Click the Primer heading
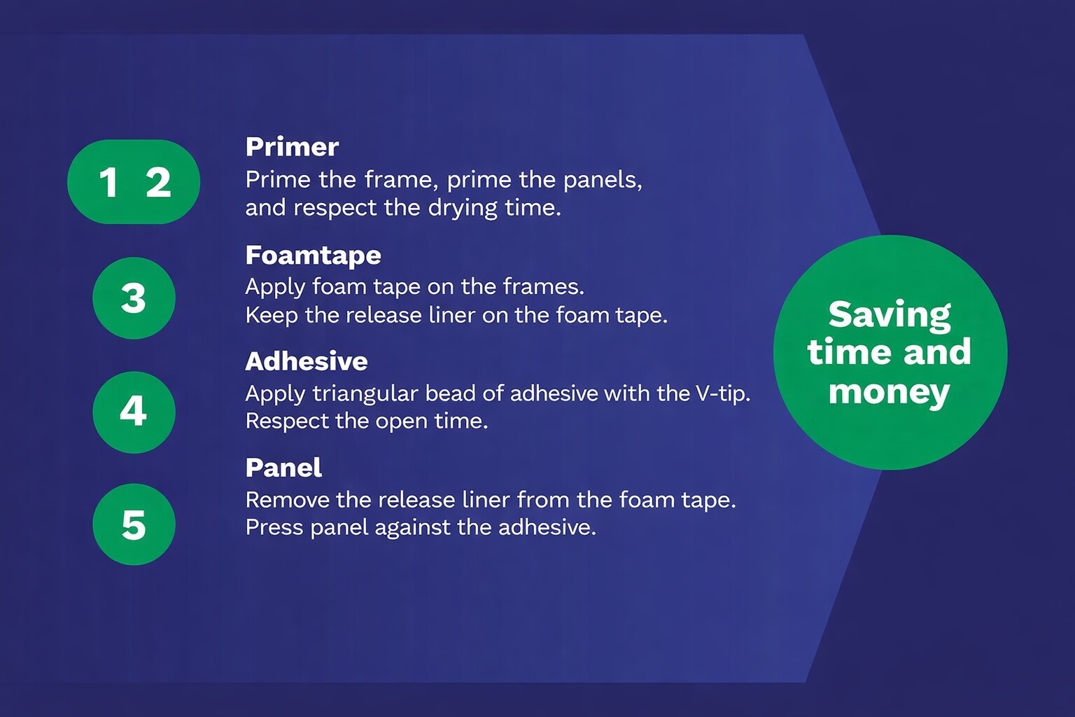[x=292, y=147]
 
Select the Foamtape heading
[x=313, y=256]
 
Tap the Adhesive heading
[x=306, y=361]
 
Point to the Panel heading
[x=283, y=468]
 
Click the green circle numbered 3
[x=134, y=298]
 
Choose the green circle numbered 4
[x=134, y=412]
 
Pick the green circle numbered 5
[x=134, y=524]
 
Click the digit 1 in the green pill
[x=108, y=183]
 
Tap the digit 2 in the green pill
[x=158, y=183]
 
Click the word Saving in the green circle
[x=890, y=316]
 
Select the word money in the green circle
[x=890, y=393]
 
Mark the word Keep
[x=272, y=316]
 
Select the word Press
[x=274, y=528]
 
